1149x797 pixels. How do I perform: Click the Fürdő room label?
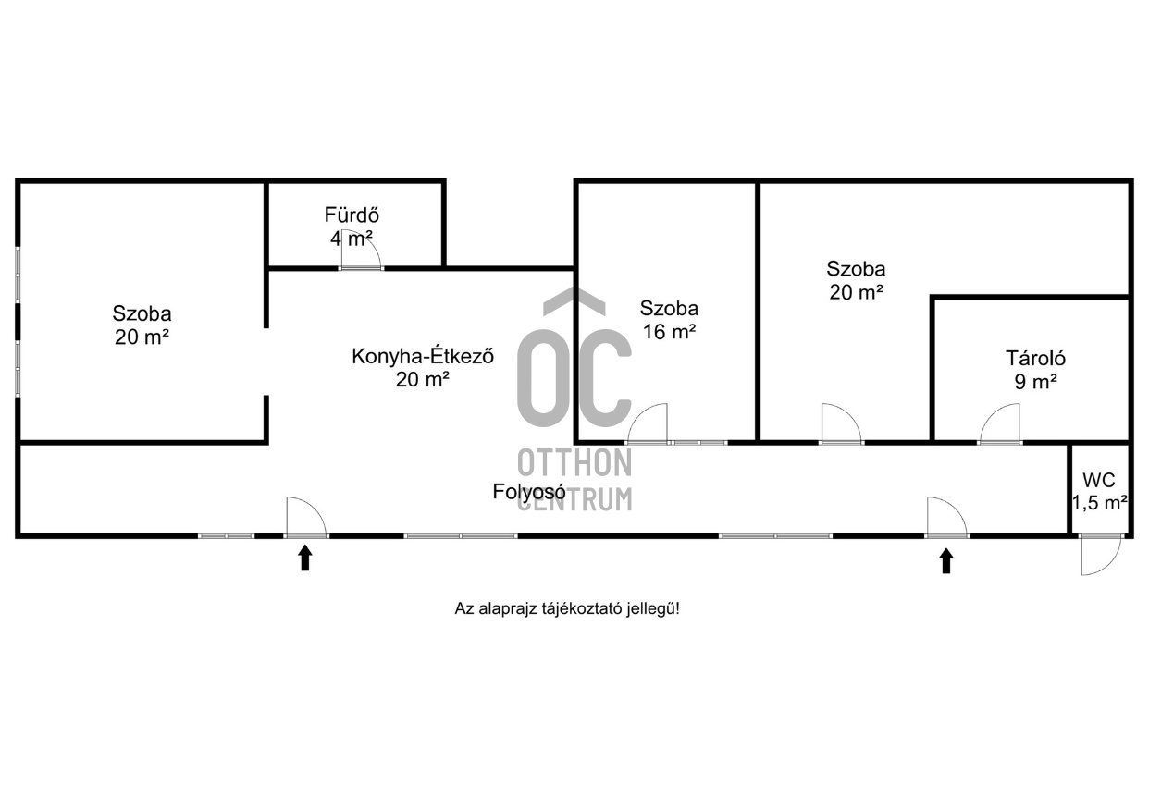[352, 215]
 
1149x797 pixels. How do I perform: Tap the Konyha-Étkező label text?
[422, 356]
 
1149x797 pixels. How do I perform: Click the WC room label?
[1099, 480]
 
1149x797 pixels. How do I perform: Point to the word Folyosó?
[528, 492]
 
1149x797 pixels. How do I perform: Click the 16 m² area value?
[668, 332]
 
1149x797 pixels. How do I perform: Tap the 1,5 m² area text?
[1099, 503]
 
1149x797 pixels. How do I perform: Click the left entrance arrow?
[305, 558]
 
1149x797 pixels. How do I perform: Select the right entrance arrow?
[945, 560]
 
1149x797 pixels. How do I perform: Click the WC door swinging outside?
[1100, 555]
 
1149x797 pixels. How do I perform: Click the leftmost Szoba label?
[142, 313]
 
